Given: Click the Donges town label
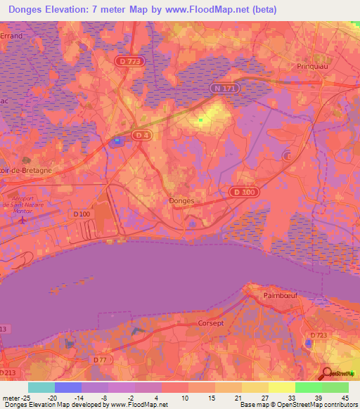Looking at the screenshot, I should point(181,200).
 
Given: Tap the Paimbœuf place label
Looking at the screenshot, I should point(281,295).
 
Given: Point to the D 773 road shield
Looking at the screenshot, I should point(130,62).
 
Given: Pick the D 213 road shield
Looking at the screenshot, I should point(6,372).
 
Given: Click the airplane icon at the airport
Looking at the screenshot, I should point(23,219).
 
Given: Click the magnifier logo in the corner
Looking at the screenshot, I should point(327,374).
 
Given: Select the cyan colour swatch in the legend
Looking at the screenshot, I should point(41,387).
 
